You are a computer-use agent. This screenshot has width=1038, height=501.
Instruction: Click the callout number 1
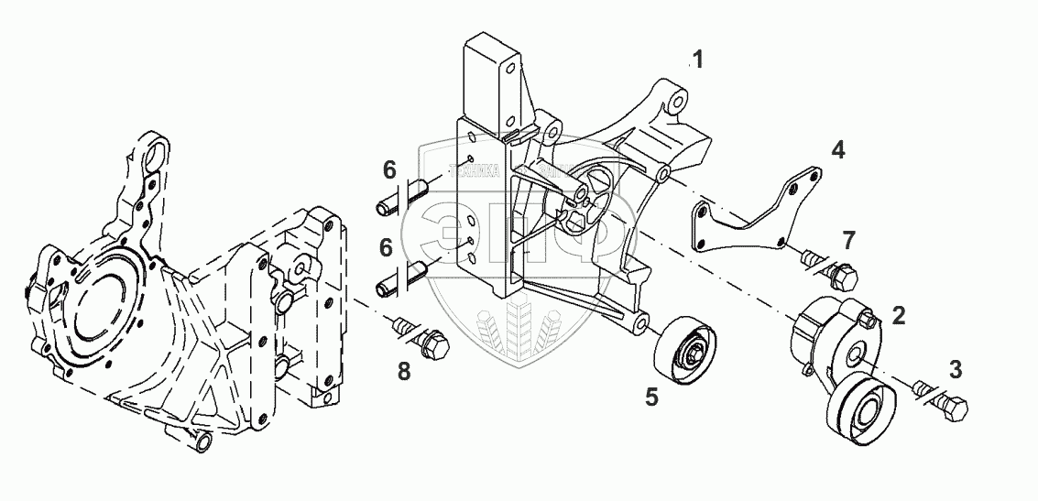pos(698,61)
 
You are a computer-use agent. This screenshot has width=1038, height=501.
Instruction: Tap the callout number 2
pos(899,316)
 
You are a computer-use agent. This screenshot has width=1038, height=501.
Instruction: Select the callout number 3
pos(956,370)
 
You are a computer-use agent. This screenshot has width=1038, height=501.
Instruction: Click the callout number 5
pos(652,398)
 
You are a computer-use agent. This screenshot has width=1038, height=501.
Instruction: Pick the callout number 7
pos(849,241)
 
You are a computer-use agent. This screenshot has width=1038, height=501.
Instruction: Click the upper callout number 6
pos(389,169)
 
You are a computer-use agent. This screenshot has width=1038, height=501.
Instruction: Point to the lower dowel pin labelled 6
pos(399,278)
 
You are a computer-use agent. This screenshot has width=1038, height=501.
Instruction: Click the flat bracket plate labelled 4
pos(751,217)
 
